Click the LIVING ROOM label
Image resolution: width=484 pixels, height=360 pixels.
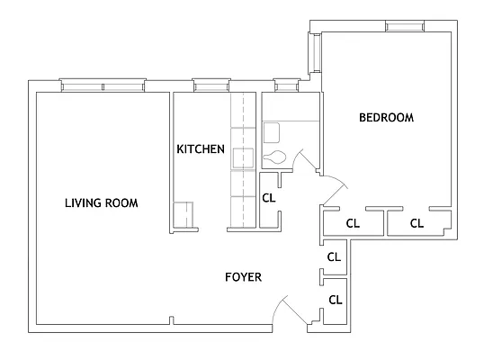point(101,202)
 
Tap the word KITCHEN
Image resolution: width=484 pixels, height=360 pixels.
point(200,148)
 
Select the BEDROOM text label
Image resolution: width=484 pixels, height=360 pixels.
point(386,117)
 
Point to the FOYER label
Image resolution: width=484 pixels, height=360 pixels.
point(243,277)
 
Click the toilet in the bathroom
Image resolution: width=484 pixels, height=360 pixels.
point(275,158)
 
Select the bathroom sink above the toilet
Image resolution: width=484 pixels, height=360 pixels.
point(271,133)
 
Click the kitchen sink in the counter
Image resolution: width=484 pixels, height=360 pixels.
point(244,158)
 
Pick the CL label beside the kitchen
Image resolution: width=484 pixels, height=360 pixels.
point(268,198)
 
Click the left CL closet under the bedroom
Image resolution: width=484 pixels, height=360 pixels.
point(353,223)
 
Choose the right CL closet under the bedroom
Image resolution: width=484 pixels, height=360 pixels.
point(417,223)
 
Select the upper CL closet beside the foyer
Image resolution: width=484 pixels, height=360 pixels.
point(334,256)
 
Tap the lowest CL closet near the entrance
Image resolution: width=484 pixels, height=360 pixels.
point(334,300)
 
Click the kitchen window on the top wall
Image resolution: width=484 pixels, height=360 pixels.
point(208,86)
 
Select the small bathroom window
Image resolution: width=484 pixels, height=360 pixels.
point(285,86)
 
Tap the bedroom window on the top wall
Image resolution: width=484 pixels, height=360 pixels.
point(404,26)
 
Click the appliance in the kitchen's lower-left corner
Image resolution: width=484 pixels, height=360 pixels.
point(184,216)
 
